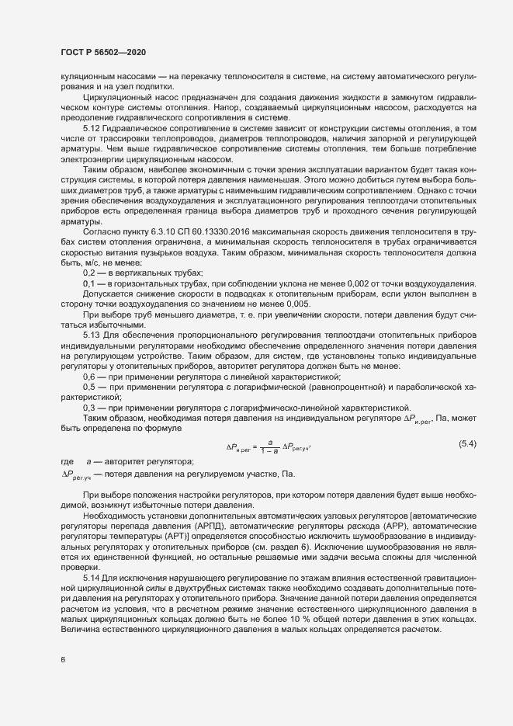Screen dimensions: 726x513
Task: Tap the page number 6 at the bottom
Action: coord(63,660)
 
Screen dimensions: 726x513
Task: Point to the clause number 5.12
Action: coord(90,127)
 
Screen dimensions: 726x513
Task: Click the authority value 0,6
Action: coord(89,375)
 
